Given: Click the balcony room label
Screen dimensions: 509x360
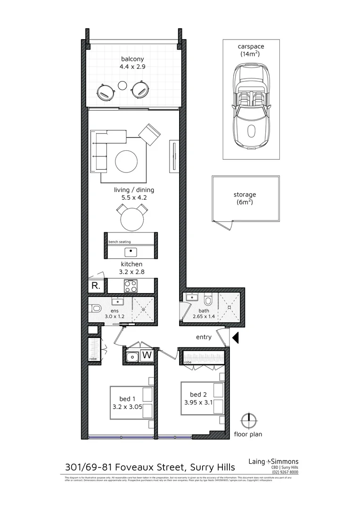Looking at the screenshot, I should click(132, 59).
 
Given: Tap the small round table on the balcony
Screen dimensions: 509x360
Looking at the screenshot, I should click(122, 86).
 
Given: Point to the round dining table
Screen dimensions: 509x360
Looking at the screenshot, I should click(132, 220).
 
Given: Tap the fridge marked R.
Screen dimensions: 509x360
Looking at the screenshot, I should click(95, 286).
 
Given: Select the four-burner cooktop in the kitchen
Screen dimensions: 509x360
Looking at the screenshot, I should click(131, 286).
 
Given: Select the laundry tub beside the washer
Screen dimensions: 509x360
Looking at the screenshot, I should click(132, 356).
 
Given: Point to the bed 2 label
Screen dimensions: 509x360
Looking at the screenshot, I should click(198, 394).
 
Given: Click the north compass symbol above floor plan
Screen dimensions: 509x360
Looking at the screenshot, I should click(248, 419).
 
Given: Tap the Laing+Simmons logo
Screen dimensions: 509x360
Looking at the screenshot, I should click(273, 462).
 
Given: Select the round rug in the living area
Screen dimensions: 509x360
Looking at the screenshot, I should click(127, 161).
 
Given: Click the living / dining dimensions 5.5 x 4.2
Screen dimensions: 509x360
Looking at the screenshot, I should click(134, 198).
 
